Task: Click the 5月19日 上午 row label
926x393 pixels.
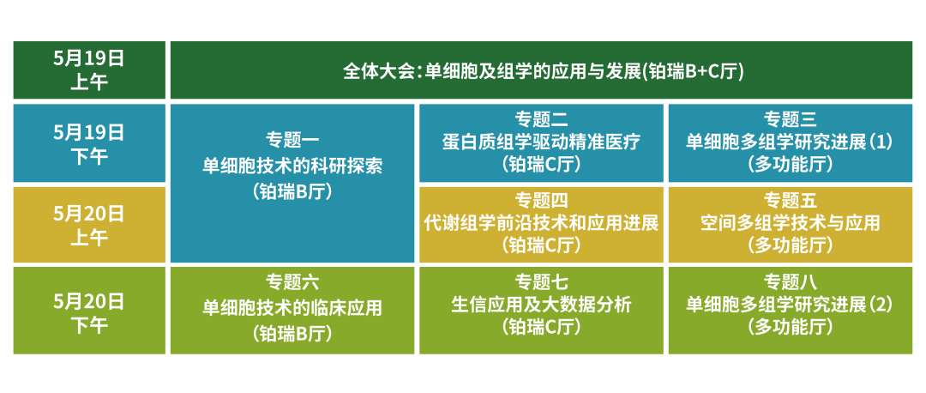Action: pyautogui.click(x=88, y=70)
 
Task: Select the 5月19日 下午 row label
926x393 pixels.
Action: pyautogui.click(x=88, y=143)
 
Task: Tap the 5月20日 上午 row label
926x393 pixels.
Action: pyautogui.click(x=88, y=225)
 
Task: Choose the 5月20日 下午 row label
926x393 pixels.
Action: pyautogui.click(x=88, y=311)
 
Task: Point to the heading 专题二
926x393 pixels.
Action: pyautogui.click(x=540, y=118)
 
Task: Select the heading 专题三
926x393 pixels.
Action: pyautogui.click(x=790, y=118)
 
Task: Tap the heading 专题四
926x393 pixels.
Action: pyautogui.click(x=540, y=201)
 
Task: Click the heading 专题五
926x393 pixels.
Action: pyautogui.click(x=790, y=201)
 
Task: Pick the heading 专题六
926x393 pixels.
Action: pyautogui.click(x=292, y=281)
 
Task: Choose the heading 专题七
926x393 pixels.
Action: pyautogui.click(x=540, y=281)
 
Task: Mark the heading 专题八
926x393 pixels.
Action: pyautogui.click(x=790, y=281)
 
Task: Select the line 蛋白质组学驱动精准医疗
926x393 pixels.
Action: pyautogui.click(x=540, y=142)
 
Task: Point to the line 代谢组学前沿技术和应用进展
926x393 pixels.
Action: pyautogui.click(x=540, y=224)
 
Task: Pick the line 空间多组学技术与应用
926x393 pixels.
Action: pyautogui.click(x=790, y=224)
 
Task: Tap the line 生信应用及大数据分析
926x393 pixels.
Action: pyautogui.click(x=540, y=305)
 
